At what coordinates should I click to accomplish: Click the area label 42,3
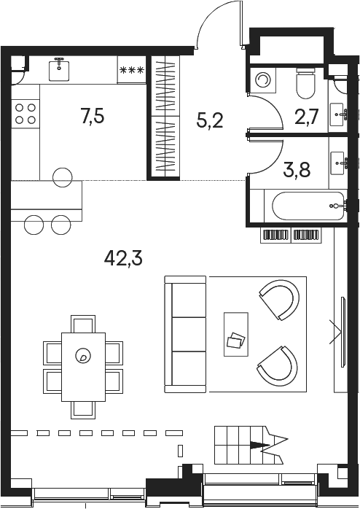click(x=123, y=259)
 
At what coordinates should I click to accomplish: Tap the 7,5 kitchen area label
click(x=93, y=117)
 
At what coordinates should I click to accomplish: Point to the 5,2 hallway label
click(x=209, y=121)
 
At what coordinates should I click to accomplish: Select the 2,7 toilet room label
click(x=307, y=117)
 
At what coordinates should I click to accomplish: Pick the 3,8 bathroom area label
click(x=297, y=169)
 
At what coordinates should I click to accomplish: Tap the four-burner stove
click(x=26, y=114)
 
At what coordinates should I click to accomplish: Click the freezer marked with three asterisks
click(x=132, y=70)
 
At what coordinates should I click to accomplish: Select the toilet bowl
click(x=305, y=84)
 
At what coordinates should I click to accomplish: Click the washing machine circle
click(x=262, y=79)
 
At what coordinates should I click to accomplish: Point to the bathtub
click(x=308, y=206)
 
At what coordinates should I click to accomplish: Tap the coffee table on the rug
click(x=236, y=334)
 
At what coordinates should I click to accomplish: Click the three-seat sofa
click(x=185, y=334)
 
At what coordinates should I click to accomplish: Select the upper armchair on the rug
click(x=281, y=300)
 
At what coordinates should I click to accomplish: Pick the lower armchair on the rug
click(x=278, y=364)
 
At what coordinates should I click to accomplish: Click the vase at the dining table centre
click(x=82, y=356)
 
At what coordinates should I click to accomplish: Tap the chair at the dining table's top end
click(x=83, y=324)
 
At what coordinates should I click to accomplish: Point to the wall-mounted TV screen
click(x=343, y=332)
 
